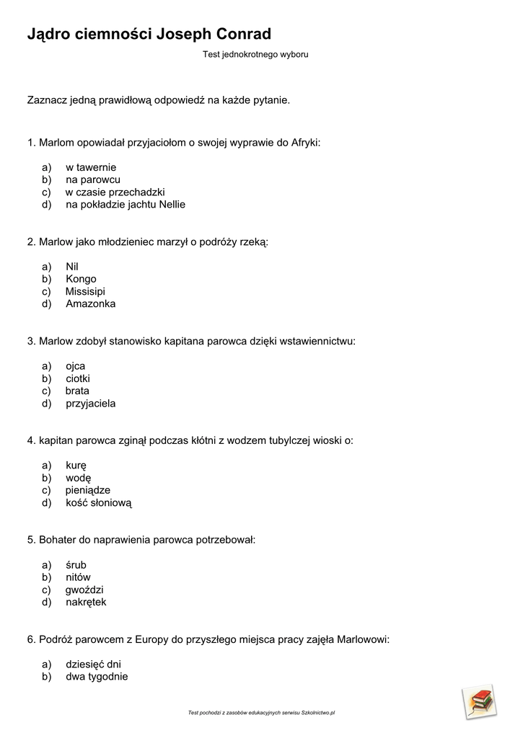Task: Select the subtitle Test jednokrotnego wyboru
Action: click(x=255, y=54)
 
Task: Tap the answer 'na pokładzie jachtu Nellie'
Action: click(x=126, y=204)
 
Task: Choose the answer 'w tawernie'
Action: click(x=91, y=167)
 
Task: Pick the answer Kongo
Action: click(x=81, y=279)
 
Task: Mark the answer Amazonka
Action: click(x=90, y=303)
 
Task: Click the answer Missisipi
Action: click(x=85, y=291)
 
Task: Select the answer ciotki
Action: click(x=78, y=378)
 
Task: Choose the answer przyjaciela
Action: click(x=90, y=403)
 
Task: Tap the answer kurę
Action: click(x=76, y=466)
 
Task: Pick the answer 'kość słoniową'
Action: click(x=99, y=502)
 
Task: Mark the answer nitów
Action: click(x=78, y=577)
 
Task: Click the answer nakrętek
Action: click(x=86, y=602)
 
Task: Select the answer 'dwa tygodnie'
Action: click(x=97, y=676)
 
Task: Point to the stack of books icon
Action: click(x=478, y=701)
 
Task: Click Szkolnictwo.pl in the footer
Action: click(x=318, y=713)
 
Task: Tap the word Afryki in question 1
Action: click(x=304, y=142)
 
